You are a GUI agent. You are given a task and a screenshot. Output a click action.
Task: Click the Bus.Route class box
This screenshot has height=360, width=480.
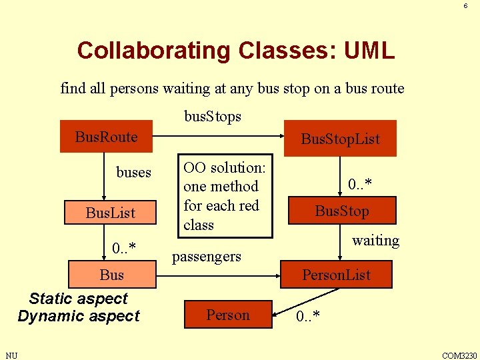106,137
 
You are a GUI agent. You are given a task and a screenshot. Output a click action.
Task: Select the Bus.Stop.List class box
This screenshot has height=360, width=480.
340,139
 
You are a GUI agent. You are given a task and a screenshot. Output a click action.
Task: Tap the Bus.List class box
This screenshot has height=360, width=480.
110,213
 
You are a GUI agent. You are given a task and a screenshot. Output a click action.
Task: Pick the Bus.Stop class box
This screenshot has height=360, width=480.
342,211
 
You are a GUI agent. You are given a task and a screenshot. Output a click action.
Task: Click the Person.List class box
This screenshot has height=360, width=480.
336,275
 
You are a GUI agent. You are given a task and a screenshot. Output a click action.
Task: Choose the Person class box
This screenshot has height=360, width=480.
227,315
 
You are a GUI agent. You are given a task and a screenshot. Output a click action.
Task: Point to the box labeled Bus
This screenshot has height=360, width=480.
111,275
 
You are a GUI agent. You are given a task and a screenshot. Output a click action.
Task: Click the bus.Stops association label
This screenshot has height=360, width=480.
212,117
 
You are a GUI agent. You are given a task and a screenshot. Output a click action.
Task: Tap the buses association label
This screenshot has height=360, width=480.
133,173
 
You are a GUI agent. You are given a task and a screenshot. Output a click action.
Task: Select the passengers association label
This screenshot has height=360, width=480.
207,256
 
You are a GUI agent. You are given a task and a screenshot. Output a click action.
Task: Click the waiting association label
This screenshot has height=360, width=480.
375,241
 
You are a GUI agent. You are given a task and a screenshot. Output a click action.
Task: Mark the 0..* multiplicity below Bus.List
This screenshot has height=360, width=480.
124,249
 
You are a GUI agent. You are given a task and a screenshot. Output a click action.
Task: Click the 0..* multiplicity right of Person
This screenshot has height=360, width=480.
307,315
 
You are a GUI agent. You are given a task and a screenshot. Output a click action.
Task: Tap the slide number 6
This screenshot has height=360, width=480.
465,6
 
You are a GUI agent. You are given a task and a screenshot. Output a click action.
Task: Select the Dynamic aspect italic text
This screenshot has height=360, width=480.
79,316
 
